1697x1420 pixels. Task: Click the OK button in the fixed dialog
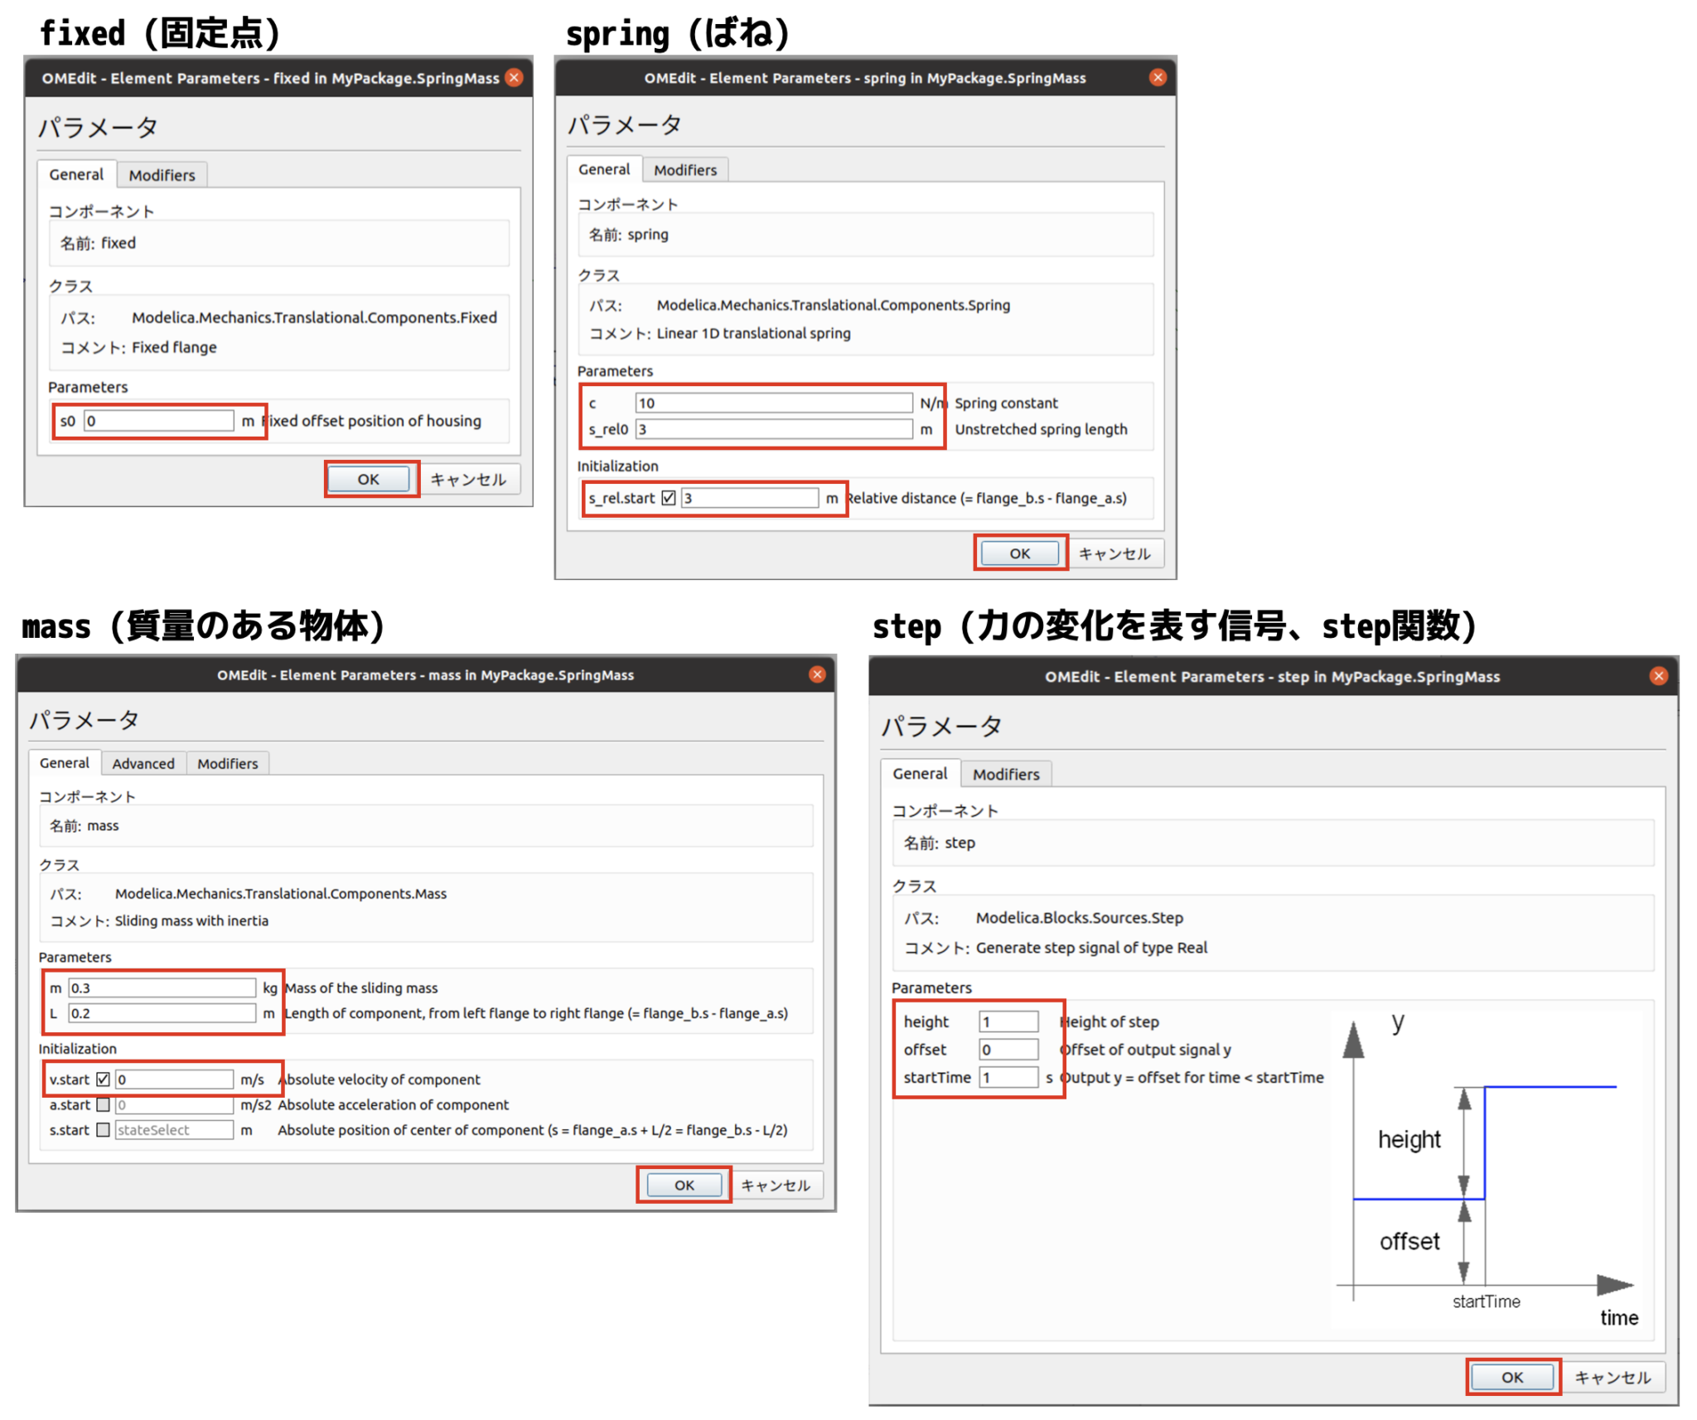point(368,479)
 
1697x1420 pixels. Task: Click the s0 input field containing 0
point(158,421)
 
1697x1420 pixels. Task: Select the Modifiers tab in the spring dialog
point(684,170)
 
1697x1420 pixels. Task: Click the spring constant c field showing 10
point(772,403)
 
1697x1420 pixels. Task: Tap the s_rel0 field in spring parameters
point(772,429)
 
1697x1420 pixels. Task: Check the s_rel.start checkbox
point(669,498)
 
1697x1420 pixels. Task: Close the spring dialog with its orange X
point(1158,77)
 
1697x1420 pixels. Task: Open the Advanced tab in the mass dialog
point(143,763)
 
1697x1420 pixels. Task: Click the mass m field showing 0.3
point(162,988)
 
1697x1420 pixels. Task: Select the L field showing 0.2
point(162,1013)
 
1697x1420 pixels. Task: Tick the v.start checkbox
point(104,1079)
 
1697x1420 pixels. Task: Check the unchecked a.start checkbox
point(104,1104)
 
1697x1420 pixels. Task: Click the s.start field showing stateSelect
point(174,1130)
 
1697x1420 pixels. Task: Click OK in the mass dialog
point(684,1185)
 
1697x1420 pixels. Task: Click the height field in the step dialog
point(1008,1022)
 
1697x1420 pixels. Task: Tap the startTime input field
point(1008,1077)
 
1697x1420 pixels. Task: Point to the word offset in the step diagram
point(1409,1241)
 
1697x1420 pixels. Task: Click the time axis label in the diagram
point(1618,1317)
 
